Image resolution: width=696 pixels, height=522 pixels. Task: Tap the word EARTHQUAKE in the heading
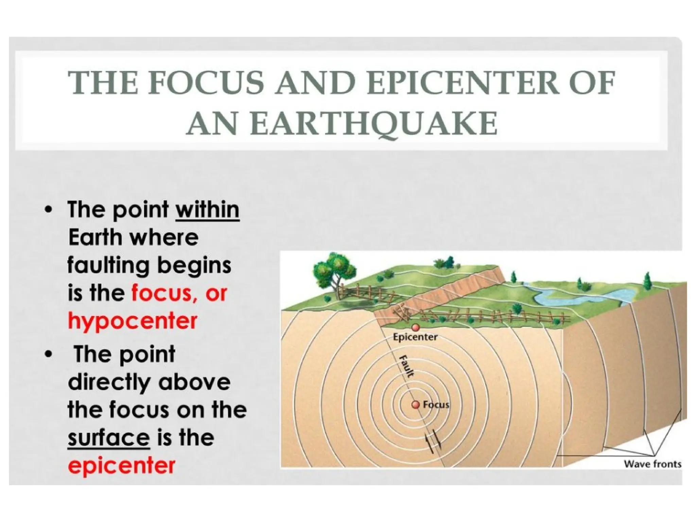coord(342,123)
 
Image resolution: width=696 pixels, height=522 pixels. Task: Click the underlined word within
coord(207,210)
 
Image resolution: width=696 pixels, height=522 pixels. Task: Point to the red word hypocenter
coord(133,320)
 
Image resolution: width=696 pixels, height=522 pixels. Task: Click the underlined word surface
coord(109,438)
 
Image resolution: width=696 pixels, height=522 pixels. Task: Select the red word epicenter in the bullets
coord(121,465)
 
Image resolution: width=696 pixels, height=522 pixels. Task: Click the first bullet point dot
coord(49,210)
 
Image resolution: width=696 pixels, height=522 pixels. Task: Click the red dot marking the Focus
coord(415,405)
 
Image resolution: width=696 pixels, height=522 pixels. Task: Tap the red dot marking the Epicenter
coord(415,327)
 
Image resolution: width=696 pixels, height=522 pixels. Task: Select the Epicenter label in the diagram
coord(415,337)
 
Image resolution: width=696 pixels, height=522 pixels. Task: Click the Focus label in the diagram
coord(436,405)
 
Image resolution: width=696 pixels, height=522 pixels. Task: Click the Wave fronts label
coord(652,464)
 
